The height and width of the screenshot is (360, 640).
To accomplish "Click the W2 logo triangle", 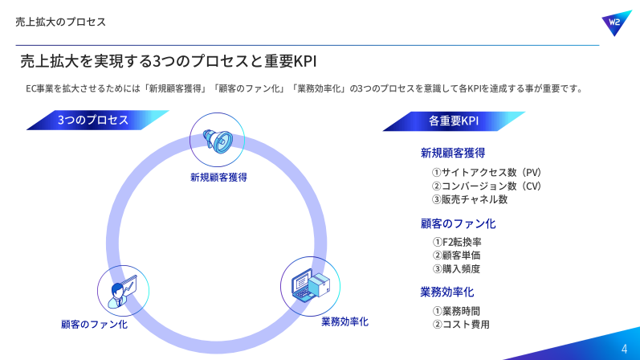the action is (617, 22).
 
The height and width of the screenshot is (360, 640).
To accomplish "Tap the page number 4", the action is (624, 349).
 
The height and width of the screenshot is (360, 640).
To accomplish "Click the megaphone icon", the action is (218, 141).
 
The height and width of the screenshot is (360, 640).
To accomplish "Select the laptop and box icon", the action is (311, 285).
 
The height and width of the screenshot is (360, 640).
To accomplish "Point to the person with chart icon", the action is (122, 292).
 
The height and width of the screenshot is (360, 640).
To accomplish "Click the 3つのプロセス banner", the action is (97, 121).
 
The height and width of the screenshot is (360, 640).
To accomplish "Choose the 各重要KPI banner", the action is (454, 121).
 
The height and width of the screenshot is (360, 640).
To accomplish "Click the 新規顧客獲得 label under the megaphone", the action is (218, 178).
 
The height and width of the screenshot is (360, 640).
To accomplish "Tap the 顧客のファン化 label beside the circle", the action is (94, 325).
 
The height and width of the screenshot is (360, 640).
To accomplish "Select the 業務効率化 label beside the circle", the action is (345, 321).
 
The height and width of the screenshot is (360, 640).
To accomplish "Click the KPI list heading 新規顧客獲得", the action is (453, 153).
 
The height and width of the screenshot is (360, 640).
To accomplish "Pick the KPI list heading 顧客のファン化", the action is (458, 223).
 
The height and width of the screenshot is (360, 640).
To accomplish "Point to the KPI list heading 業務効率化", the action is (447, 292).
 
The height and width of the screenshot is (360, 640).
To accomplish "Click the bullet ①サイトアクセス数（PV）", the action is (487, 173).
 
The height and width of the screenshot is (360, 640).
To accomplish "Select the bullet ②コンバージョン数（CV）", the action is (487, 186).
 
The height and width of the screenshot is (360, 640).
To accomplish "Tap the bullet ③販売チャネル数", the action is (470, 199).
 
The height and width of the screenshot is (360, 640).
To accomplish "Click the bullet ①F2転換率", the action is (457, 242).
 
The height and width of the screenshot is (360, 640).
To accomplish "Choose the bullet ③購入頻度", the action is (456, 269).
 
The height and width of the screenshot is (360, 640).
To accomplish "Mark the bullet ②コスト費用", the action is (461, 325).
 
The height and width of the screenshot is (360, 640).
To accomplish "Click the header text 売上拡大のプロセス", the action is (61, 22).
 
